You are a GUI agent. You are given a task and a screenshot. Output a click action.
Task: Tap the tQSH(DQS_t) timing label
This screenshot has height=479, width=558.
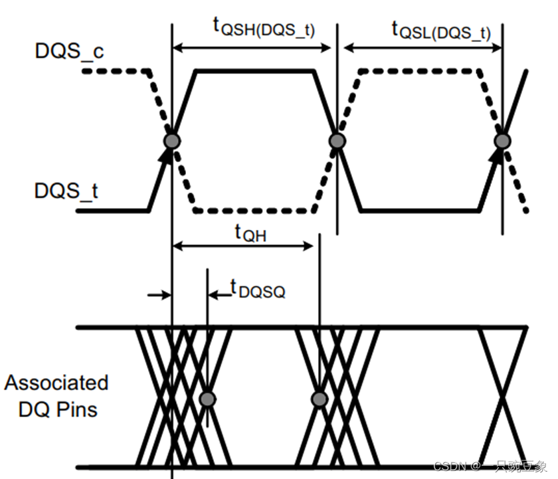tap(264, 27)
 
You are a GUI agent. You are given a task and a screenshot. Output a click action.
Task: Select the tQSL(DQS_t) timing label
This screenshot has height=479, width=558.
tap(441, 29)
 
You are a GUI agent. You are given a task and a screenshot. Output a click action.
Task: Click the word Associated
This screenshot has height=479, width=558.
tap(56, 383)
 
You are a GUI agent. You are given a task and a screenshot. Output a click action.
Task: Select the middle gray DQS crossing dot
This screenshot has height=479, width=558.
tap(337, 141)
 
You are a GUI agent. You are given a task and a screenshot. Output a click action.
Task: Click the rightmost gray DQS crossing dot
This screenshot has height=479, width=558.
tap(502, 141)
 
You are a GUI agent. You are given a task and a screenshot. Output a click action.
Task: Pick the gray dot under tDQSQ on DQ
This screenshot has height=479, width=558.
tap(208, 399)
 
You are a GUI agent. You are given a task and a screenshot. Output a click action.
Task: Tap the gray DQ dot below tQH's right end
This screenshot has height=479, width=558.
tap(320, 399)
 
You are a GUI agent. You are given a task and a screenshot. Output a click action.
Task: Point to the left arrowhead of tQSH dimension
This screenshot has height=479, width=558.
tap(177, 48)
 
